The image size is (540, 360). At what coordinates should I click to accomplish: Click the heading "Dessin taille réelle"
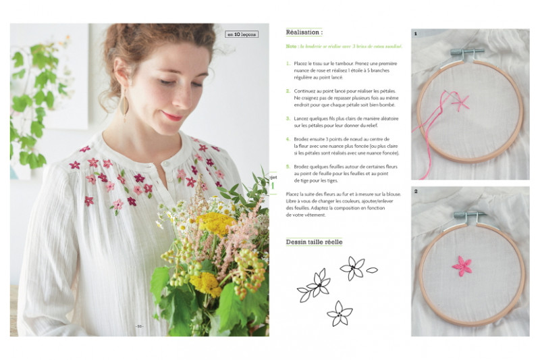tap(314, 242)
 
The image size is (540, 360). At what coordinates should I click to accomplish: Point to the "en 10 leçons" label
tap(241, 34)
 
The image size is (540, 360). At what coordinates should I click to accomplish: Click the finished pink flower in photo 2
tap(462, 265)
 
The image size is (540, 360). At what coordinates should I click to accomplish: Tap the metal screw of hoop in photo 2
tap(471, 217)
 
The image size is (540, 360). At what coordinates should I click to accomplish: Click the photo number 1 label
tap(415, 33)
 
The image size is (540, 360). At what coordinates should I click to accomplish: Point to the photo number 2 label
tap(416, 192)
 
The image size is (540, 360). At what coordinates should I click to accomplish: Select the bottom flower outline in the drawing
tap(339, 313)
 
